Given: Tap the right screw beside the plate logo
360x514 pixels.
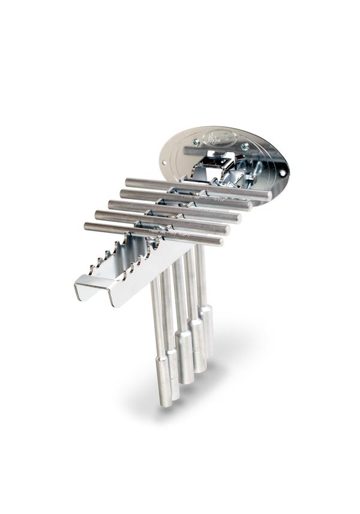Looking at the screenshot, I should coord(245,146).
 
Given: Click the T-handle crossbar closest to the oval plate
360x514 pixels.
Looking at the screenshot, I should coord(198,188).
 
